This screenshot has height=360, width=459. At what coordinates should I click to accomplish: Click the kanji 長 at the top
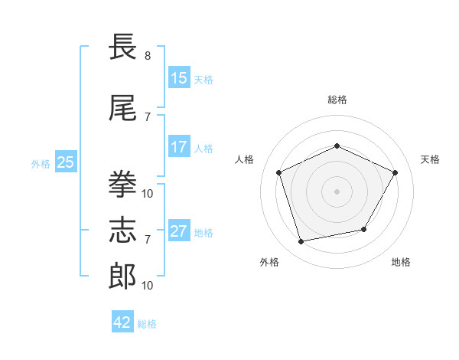(x=122, y=46)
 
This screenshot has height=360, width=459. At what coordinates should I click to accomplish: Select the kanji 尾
(x=122, y=108)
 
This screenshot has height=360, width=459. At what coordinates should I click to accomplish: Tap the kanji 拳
(x=122, y=184)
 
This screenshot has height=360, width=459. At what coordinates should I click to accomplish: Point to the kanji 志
(x=122, y=230)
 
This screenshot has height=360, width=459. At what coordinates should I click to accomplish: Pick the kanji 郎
(x=122, y=277)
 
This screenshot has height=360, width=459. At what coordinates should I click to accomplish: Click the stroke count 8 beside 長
(x=148, y=56)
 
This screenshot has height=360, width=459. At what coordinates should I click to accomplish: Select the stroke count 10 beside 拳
(x=147, y=194)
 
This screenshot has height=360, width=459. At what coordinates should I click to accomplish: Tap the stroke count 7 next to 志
(x=148, y=240)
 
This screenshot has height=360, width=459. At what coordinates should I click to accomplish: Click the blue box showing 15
(x=179, y=77)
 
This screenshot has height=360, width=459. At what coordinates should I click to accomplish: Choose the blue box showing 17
(x=179, y=146)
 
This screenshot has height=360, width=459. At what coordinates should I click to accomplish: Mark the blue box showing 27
(x=179, y=230)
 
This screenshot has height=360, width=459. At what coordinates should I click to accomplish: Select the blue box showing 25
(x=66, y=162)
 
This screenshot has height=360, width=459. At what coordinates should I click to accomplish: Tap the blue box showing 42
(x=122, y=321)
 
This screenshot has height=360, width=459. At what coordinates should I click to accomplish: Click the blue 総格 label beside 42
(x=147, y=324)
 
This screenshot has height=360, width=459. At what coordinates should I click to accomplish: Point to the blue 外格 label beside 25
(x=41, y=164)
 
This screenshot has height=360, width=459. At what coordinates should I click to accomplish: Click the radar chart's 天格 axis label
(x=430, y=159)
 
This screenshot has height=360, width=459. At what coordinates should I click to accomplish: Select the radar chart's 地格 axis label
(x=401, y=262)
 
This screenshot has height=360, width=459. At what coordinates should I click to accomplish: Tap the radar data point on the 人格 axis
(x=278, y=172)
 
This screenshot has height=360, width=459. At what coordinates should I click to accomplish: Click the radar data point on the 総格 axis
(x=337, y=146)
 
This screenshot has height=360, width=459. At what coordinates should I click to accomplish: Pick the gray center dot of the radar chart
(x=337, y=191)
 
